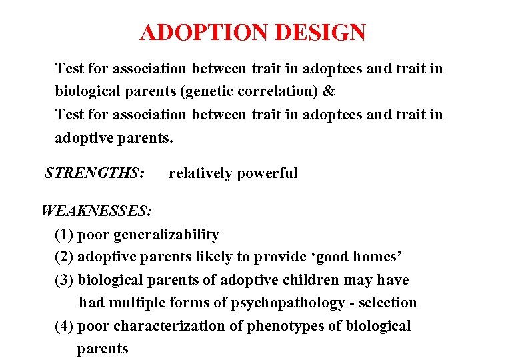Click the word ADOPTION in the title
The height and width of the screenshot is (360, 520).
pyautogui.click(x=200, y=32)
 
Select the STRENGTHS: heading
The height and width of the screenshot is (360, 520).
pyautogui.click(x=94, y=173)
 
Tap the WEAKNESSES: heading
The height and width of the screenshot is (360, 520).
pyautogui.click(x=97, y=211)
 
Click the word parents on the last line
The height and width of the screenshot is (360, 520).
pyautogui.click(x=102, y=349)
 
